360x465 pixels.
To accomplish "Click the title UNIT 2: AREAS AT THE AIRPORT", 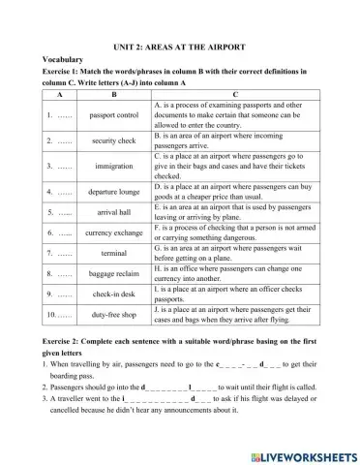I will click(x=180, y=46).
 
